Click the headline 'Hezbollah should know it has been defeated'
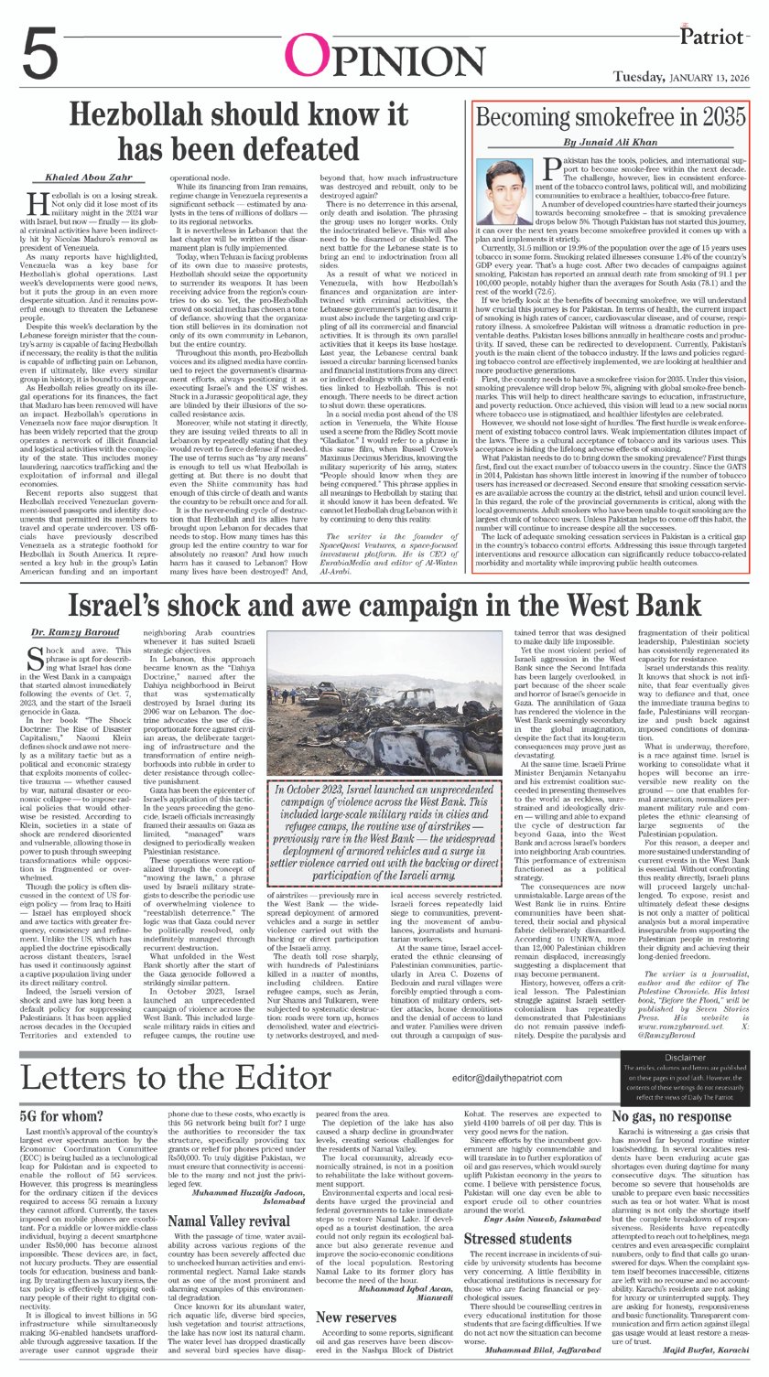(x=241, y=131)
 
